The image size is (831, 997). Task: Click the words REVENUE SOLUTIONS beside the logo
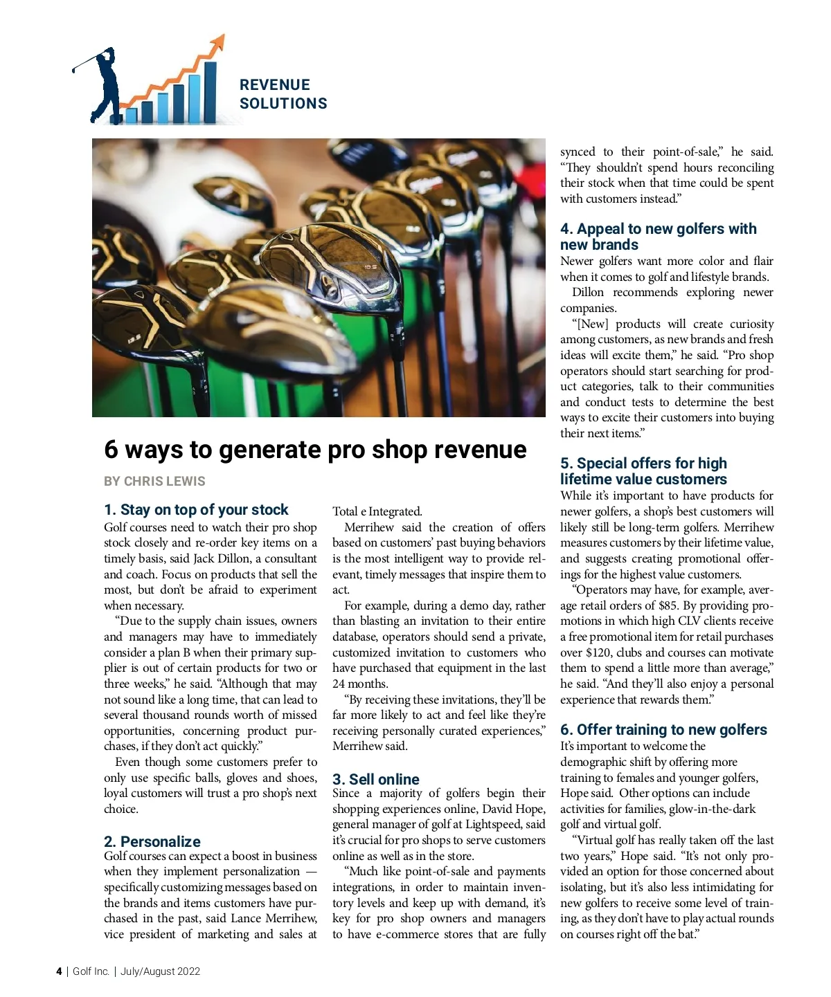click(x=283, y=94)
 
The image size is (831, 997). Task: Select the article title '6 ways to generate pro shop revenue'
click(x=315, y=450)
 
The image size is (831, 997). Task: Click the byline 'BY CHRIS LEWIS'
click(x=154, y=481)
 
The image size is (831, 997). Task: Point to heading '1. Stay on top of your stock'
click(x=196, y=510)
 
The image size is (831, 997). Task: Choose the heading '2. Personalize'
click(x=152, y=841)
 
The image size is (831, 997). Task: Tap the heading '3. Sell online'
click(x=376, y=779)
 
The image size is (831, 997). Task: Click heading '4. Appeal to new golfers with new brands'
click(x=658, y=237)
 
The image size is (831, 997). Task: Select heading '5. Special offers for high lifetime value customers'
click(x=643, y=471)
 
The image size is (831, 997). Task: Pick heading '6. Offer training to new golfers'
click(x=663, y=729)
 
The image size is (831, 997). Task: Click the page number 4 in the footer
click(x=59, y=971)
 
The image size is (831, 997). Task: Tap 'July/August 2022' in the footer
click(x=160, y=971)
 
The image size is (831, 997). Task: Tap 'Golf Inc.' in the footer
click(x=91, y=971)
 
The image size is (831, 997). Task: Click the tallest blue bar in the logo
click(x=210, y=91)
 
